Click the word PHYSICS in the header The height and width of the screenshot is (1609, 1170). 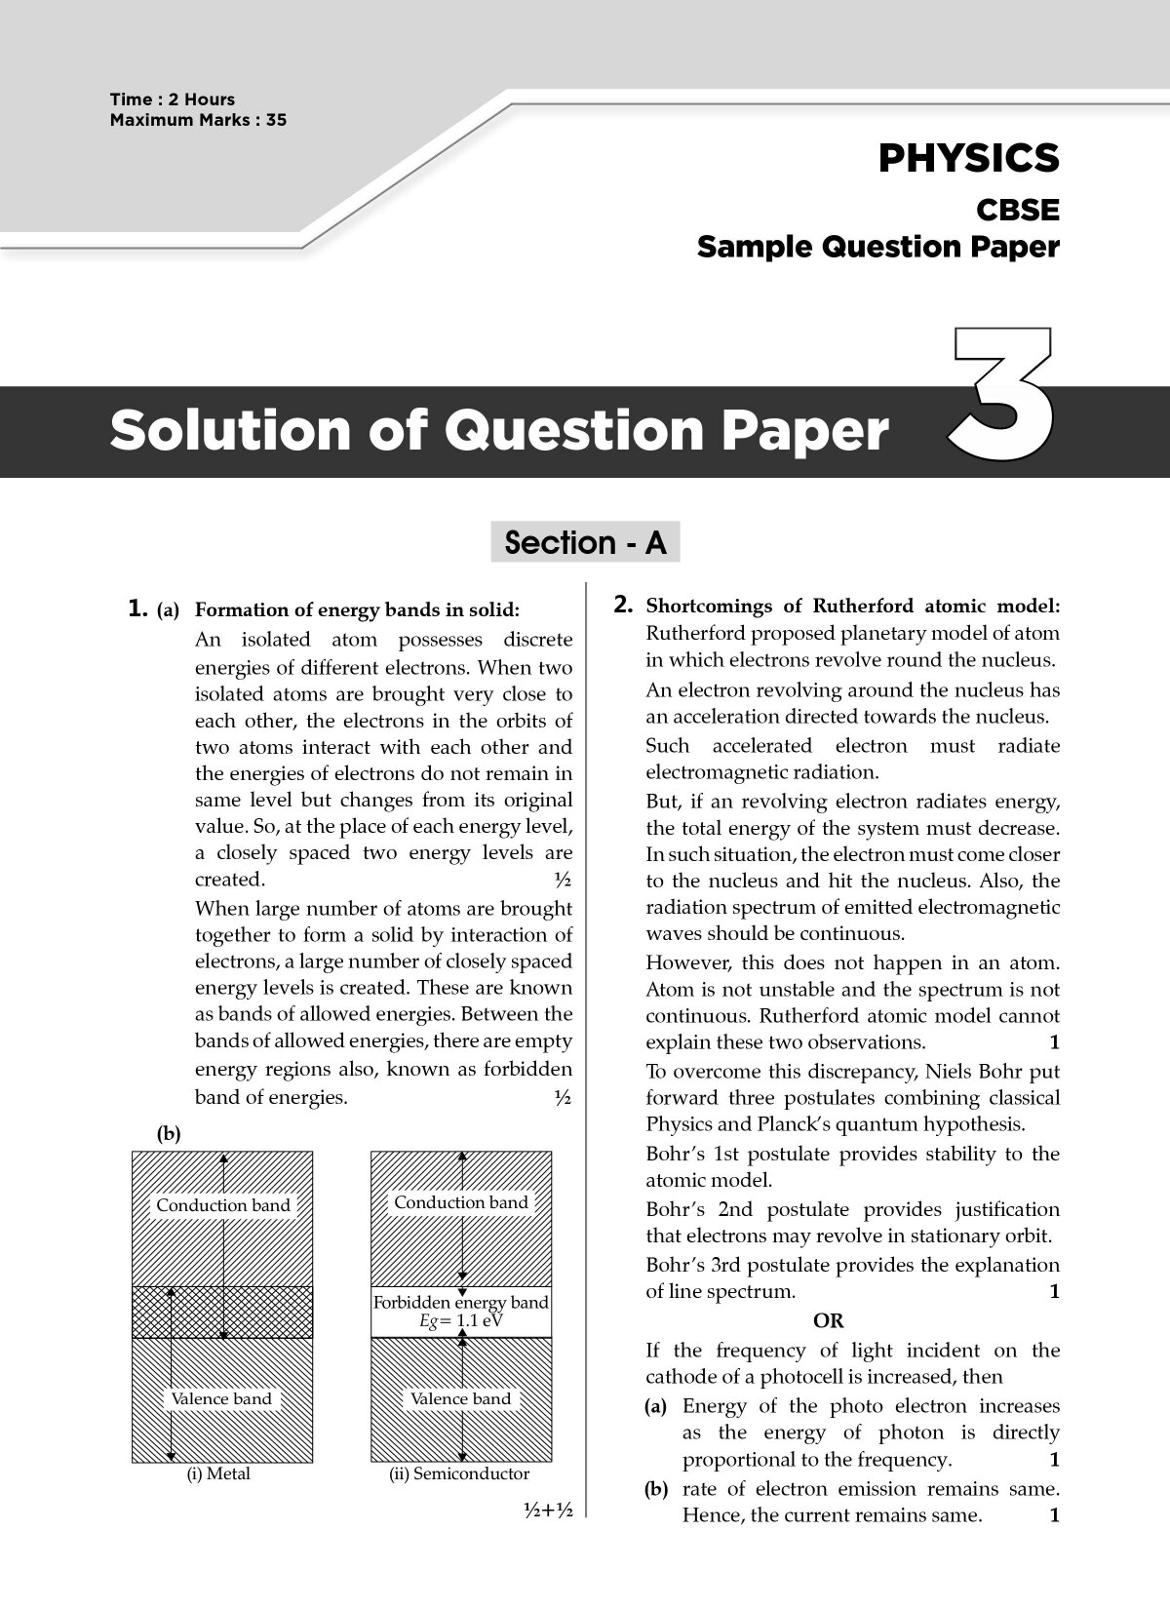pyautogui.click(x=967, y=158)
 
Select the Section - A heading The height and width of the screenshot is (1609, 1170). pyautogui.click(x=585, y=542)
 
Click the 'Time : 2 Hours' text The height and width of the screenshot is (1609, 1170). pyautogui.click(x=173, y=99)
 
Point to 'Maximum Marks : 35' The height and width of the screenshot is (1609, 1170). pyautogui.click(x=198, y=120)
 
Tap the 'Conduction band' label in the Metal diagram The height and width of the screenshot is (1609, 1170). pyautogui.click(x=223, y=1205)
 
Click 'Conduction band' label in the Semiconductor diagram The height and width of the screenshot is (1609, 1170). pyautogui.click(x=460, y=1202)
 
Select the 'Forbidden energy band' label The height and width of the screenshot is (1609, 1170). pyautogui.click(x=460, y=1303)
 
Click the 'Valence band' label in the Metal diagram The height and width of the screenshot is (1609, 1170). pyautogui.click(x=221, y=1398)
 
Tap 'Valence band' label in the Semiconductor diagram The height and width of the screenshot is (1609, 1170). pyautogui.click(x=460, y=1398)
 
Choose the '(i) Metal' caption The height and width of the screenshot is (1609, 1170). pyautogui.click(x=218, y=1473)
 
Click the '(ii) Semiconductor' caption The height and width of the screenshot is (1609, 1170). pyautogui.click(x=458, y=1473)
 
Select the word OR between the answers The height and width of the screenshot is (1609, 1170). pyautogui.click(x=828, y=1321)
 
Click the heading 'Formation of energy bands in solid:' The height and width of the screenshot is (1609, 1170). pyautogui.click(x=357, y=610)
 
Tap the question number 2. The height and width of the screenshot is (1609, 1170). pyautogui.click(x=624, y=605)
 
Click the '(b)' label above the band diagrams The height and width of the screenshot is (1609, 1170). pyautogui.click(x=169, y=1133)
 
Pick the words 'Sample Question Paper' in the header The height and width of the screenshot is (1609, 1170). pyautogui.click(x=877, y=248)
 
